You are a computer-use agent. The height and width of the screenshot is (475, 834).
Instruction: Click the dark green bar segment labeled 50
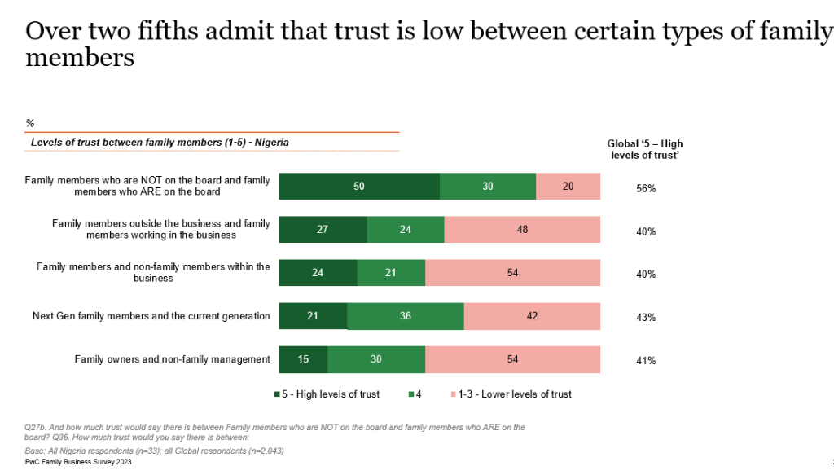point(359,187)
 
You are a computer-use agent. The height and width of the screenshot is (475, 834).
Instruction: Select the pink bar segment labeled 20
point(568,187)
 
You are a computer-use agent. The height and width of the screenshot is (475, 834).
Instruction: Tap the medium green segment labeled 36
point(405,316)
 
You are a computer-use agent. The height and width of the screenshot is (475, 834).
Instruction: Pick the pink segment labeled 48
point(522,230)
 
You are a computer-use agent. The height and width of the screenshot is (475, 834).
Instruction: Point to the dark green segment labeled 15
point(303,359)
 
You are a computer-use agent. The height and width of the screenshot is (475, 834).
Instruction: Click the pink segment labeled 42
point(532,316)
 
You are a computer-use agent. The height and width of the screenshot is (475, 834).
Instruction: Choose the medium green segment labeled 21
point(390,273)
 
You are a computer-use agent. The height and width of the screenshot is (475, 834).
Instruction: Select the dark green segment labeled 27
point(323,230)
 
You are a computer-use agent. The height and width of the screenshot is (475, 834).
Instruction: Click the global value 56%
point(646,188)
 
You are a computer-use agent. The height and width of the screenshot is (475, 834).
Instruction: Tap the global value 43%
point(646,318)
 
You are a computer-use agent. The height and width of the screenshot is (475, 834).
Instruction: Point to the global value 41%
point(646,361)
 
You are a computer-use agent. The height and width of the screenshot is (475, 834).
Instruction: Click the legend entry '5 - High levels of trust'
point(327,394)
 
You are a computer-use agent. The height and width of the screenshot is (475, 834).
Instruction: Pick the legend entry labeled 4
point(414,394)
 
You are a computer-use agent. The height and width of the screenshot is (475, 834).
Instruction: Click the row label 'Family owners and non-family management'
point(172,359)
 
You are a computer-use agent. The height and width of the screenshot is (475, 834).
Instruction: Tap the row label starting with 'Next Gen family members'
point(151,316)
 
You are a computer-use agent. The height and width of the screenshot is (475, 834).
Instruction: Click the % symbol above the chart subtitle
point(30,123)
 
